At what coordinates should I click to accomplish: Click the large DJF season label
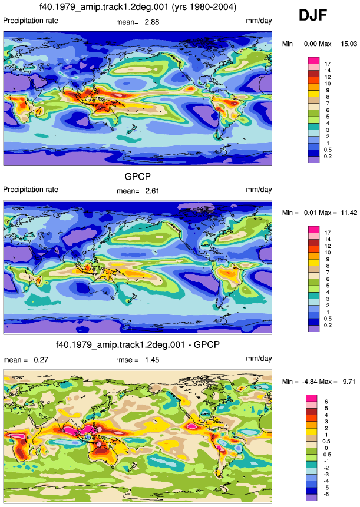pos(313,15)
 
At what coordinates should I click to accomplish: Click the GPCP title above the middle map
pos(138,177)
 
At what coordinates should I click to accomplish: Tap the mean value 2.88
pos(152,22)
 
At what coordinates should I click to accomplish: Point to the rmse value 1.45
pos(152,360)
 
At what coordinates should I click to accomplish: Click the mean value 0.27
pos(41,360)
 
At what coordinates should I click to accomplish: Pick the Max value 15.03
pos(349,44)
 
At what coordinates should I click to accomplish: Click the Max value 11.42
pos(349,213)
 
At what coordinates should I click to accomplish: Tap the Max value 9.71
pos(349,382)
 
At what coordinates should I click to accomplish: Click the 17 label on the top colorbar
pos(328,64)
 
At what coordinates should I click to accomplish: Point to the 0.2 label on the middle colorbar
pos(328,325)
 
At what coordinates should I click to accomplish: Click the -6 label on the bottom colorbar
pos(326,494)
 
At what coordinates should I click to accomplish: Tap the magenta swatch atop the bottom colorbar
pos(312,398)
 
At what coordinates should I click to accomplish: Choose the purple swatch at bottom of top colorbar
pos(313,160)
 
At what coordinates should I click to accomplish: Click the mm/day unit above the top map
pos(259,21)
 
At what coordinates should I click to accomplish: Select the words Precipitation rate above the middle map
pos(31,190)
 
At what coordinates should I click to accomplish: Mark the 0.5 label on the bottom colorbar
pos(326,442)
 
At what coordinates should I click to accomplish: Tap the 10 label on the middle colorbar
pos(328,253)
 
